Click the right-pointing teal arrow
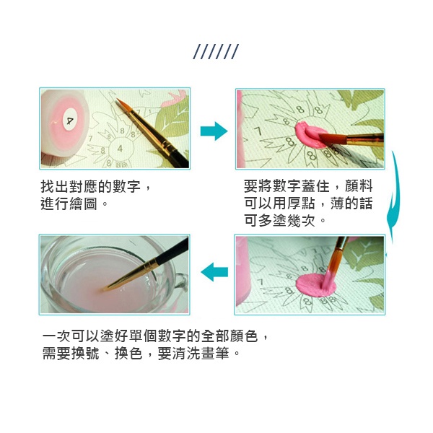coord(214,131)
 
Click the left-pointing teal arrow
coord(214,272)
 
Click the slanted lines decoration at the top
coord(216,52)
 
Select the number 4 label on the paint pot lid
coord(69,121)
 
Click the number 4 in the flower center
coord(120,149)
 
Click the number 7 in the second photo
coord(258,131)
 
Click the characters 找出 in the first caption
coord(55,186)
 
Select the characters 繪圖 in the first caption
coord(83,204)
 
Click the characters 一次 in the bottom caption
coord(56,336)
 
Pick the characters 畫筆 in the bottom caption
coord(215,353)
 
